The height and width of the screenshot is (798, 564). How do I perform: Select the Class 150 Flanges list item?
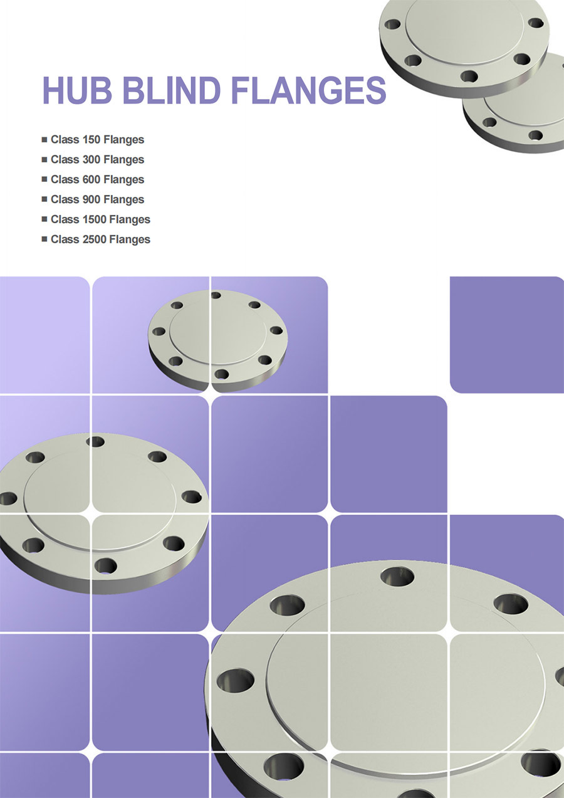97,139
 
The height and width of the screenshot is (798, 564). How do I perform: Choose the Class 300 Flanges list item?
97,159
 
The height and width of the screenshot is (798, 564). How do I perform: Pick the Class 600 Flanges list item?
97,179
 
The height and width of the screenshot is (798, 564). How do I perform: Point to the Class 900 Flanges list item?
97,199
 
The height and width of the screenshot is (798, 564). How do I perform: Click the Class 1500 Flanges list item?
100,219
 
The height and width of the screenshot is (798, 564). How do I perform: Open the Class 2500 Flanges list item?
100,239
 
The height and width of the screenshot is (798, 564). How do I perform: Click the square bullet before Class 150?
44,139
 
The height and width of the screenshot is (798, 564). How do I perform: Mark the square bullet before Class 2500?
44,239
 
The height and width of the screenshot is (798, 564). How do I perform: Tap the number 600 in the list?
91,179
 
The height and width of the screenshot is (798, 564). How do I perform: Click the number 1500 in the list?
95,219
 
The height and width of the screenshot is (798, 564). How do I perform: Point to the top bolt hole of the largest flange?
397,575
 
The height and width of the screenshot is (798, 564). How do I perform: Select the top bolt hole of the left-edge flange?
95,441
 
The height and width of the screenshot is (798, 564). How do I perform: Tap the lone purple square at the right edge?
507,335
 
